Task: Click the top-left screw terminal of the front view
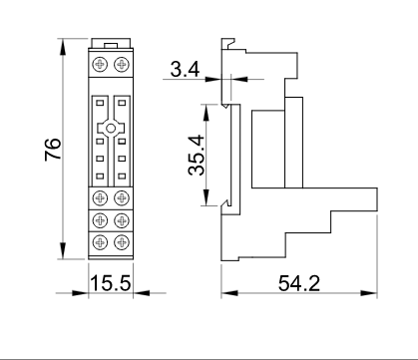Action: tap(101, 64)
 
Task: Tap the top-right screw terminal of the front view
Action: tap(121, 64)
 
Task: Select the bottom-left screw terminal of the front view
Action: tap(101, 241)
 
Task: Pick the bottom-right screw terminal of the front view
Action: tap(121, 241)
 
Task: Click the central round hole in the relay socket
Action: tap(111, 130)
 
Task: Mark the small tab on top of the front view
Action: tap(110, 44)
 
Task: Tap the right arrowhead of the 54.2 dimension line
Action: tap(376, 293)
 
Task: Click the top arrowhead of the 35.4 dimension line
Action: tap(207, 105)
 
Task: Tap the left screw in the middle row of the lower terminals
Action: tap(101, 218)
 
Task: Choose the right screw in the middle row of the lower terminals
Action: tap(121, 218)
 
